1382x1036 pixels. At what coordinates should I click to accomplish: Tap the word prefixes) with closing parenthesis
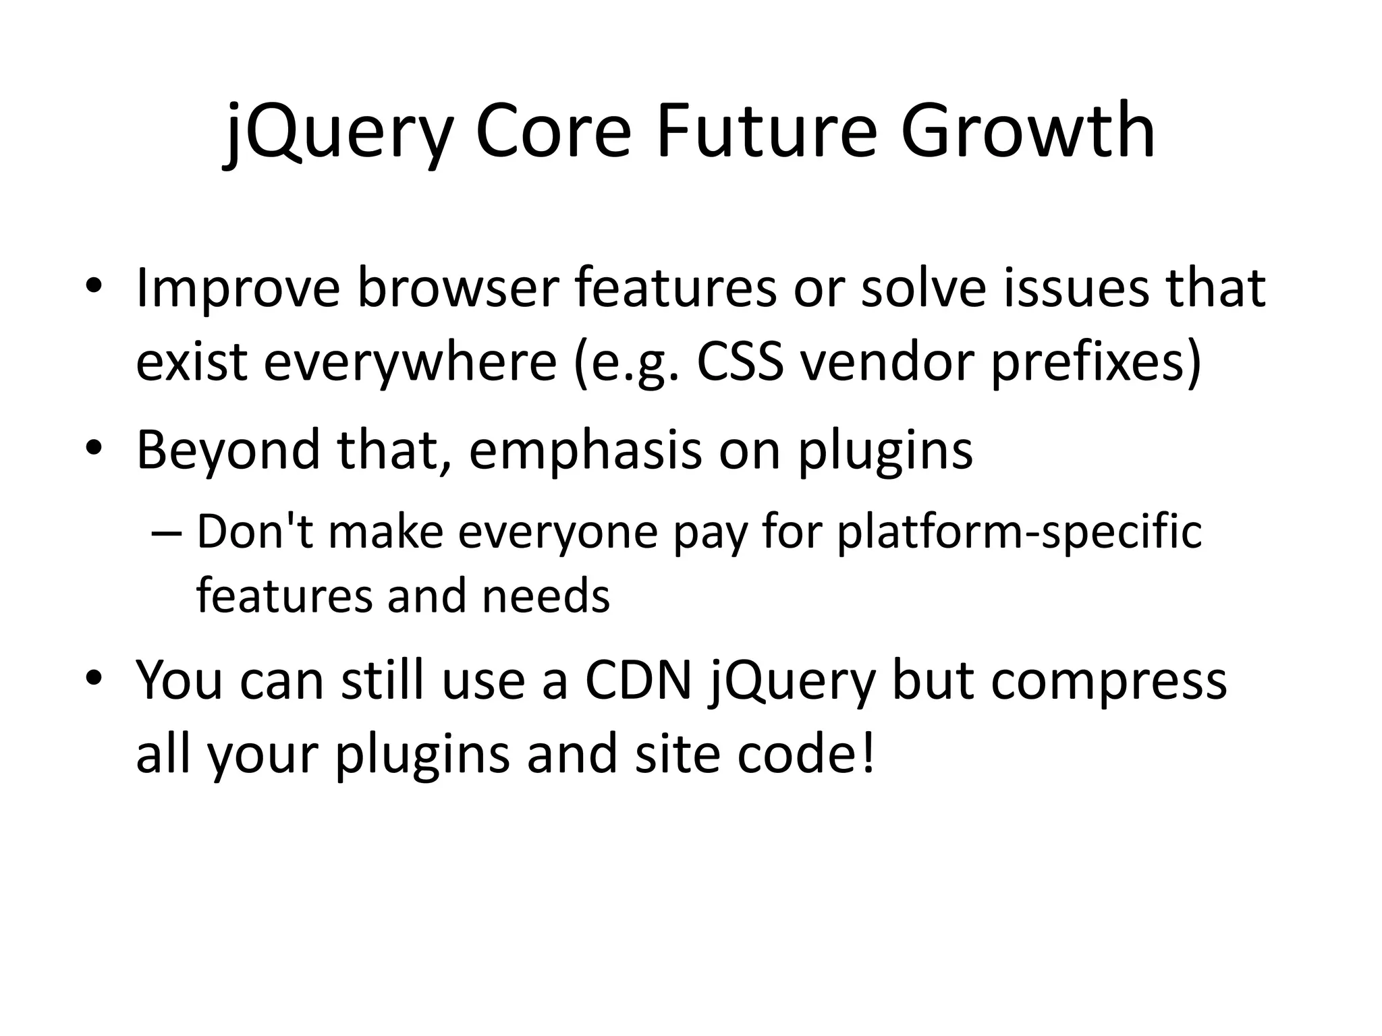(1095, 363)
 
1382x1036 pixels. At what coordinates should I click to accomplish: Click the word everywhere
(410, 363)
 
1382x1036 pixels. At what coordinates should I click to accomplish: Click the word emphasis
(584, 451)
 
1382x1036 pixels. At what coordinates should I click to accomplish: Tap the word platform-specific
(1019, 533)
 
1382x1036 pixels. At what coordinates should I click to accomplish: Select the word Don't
(255, 531)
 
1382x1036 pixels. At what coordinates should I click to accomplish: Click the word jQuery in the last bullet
(790, 681)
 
